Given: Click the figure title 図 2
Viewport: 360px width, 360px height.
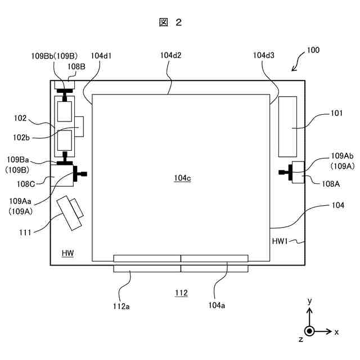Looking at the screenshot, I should tap(170, 22).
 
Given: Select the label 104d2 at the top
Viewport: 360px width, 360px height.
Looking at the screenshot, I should tap(170, 56).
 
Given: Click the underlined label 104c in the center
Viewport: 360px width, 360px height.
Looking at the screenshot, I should tap(182, 178).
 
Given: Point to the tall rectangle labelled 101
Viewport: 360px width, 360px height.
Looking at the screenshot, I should tap(288, 127).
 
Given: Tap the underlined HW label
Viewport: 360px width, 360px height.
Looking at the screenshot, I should tap(68, 253).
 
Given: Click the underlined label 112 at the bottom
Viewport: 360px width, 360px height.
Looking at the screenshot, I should tap(181, 293).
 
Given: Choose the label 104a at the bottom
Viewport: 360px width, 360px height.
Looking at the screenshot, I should tap(217, 306).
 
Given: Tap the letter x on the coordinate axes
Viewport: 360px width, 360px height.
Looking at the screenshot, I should tap(336, 332).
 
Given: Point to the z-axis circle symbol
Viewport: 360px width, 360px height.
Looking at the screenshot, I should tap(309, 331).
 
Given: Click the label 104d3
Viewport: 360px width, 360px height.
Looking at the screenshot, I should tap(264, 56).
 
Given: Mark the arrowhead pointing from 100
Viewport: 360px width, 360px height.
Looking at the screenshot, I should tap(294, 70).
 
